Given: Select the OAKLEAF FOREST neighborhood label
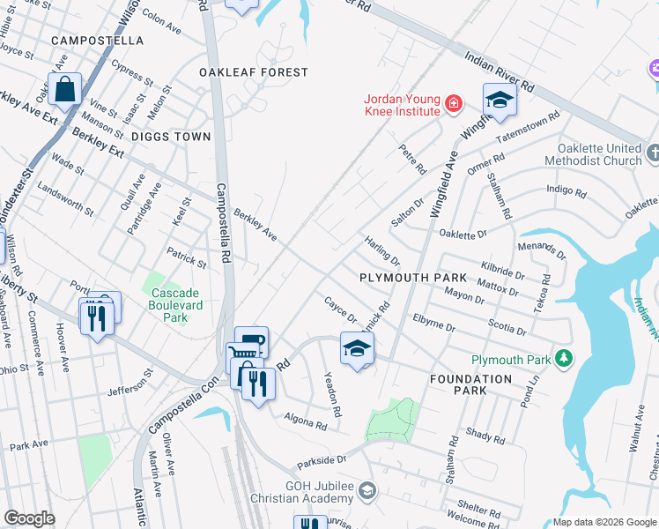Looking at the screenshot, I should point(254,72).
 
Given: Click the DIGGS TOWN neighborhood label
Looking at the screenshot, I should point(172,137).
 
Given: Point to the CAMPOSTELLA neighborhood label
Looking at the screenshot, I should point(97,41).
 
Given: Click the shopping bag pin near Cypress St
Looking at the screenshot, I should point(65,89).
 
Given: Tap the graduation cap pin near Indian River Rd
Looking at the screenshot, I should point(499,100).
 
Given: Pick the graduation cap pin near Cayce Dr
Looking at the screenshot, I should point(357,349).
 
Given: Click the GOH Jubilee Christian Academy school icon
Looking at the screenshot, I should point(367,489).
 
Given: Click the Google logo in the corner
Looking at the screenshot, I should point(29,518).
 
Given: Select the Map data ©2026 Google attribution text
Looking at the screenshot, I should point(604,522).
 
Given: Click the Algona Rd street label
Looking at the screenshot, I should point(305,421).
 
